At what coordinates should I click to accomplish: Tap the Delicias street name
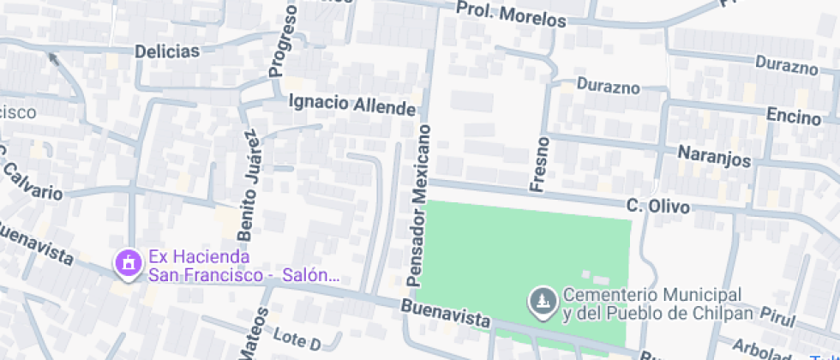tap(166, 51)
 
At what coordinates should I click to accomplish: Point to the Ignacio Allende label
tap(352, 104)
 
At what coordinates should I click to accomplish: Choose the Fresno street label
tap(539, 163)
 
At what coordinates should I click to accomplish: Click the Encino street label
tap(793, 116)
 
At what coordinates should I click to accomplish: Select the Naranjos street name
tap(714, 158)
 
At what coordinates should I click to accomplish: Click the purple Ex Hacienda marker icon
tap(129, 264)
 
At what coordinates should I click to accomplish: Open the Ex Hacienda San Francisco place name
tap(244, 266)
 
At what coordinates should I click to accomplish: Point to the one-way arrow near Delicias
tap(53, 59)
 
